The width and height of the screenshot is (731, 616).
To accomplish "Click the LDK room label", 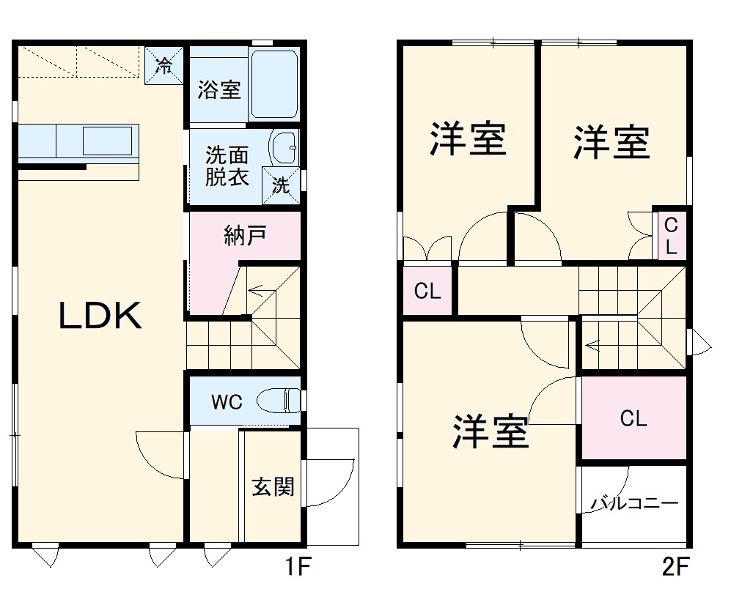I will click(x=100, y=316).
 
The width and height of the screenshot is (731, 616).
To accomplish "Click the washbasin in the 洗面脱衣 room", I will click(x=283, y=149).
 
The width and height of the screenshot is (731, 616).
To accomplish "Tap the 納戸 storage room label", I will click(x=245, y=236).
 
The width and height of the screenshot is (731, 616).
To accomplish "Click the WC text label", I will click(x=227, y=402).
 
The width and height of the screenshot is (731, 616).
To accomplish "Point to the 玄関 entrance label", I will click(x=273, y=486).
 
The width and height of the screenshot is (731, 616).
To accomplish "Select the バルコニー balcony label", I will click(x=635, y=504).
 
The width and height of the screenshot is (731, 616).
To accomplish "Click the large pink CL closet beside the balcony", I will click(x=633, y=418).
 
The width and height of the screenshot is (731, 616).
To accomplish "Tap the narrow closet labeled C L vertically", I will click(x=671, y=235).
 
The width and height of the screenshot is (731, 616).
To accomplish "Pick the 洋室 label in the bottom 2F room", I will click(x=490, y=431).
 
